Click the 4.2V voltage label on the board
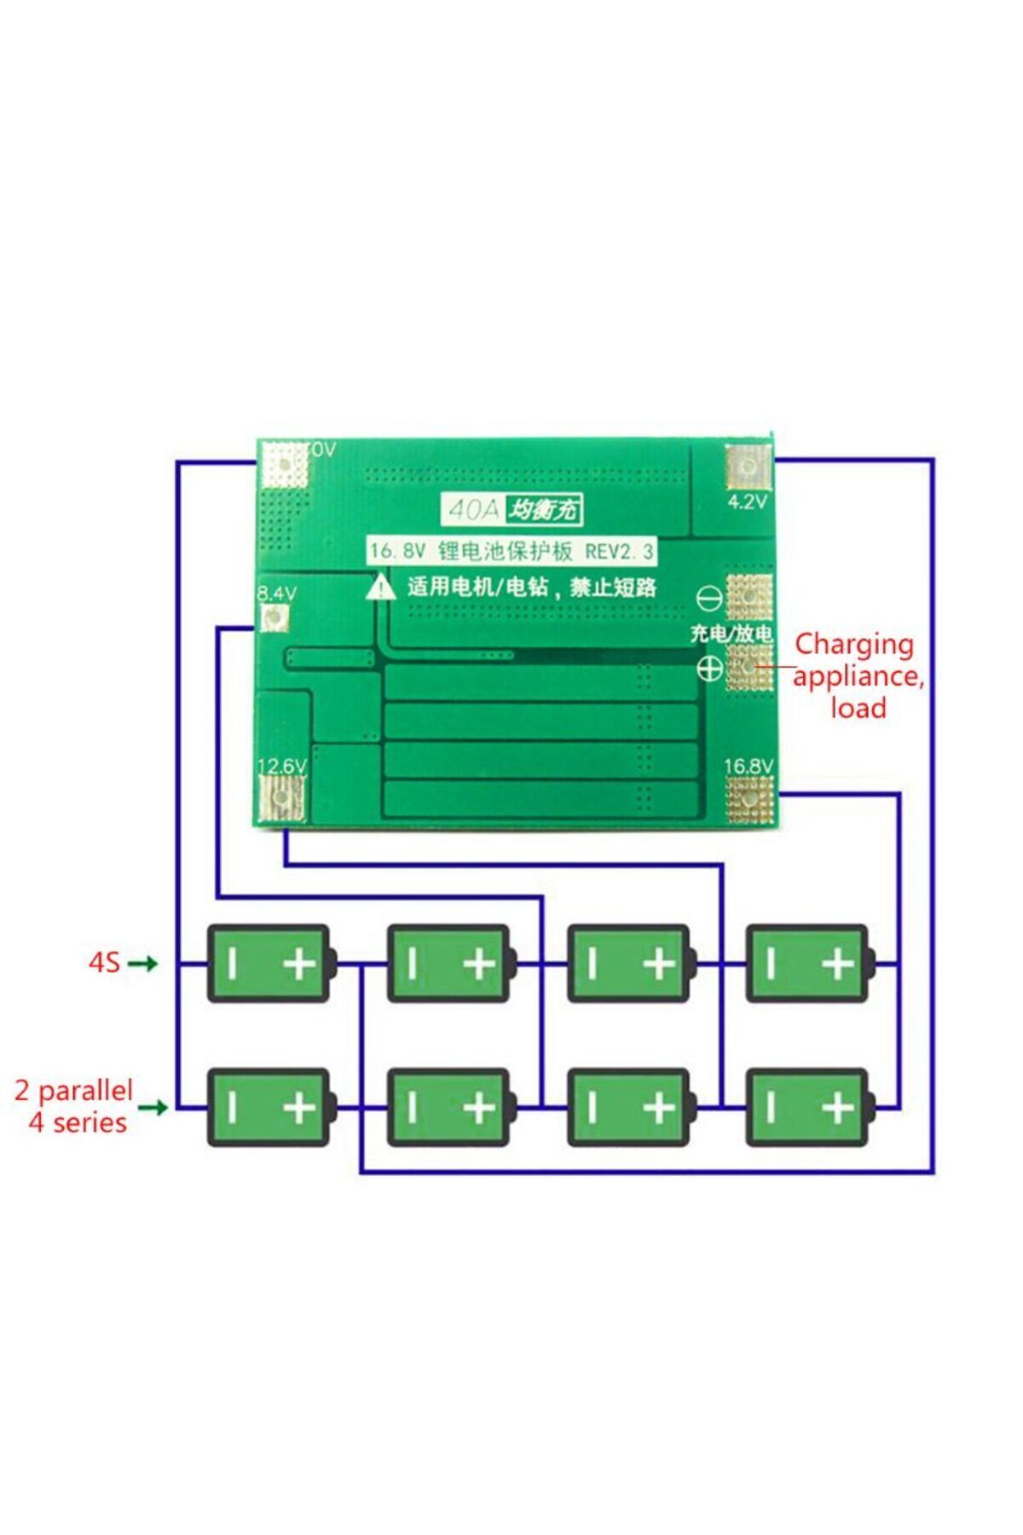click(747, 501)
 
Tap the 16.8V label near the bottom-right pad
click(748, 766)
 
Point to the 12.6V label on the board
click(281, 766)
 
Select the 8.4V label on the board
click(277, 593)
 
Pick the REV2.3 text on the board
click(619, 552)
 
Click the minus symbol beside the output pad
click(709, 599)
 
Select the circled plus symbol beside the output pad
click(709, 669)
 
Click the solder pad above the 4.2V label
click(748, 466)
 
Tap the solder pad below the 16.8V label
click(750, 802)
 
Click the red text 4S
click(104, 963)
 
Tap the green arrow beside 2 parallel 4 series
click(152, 1107)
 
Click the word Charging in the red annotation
click(853, 646)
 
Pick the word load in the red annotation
click(858, 708)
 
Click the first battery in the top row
click(269, 964)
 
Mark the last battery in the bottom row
click(808, 1107)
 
